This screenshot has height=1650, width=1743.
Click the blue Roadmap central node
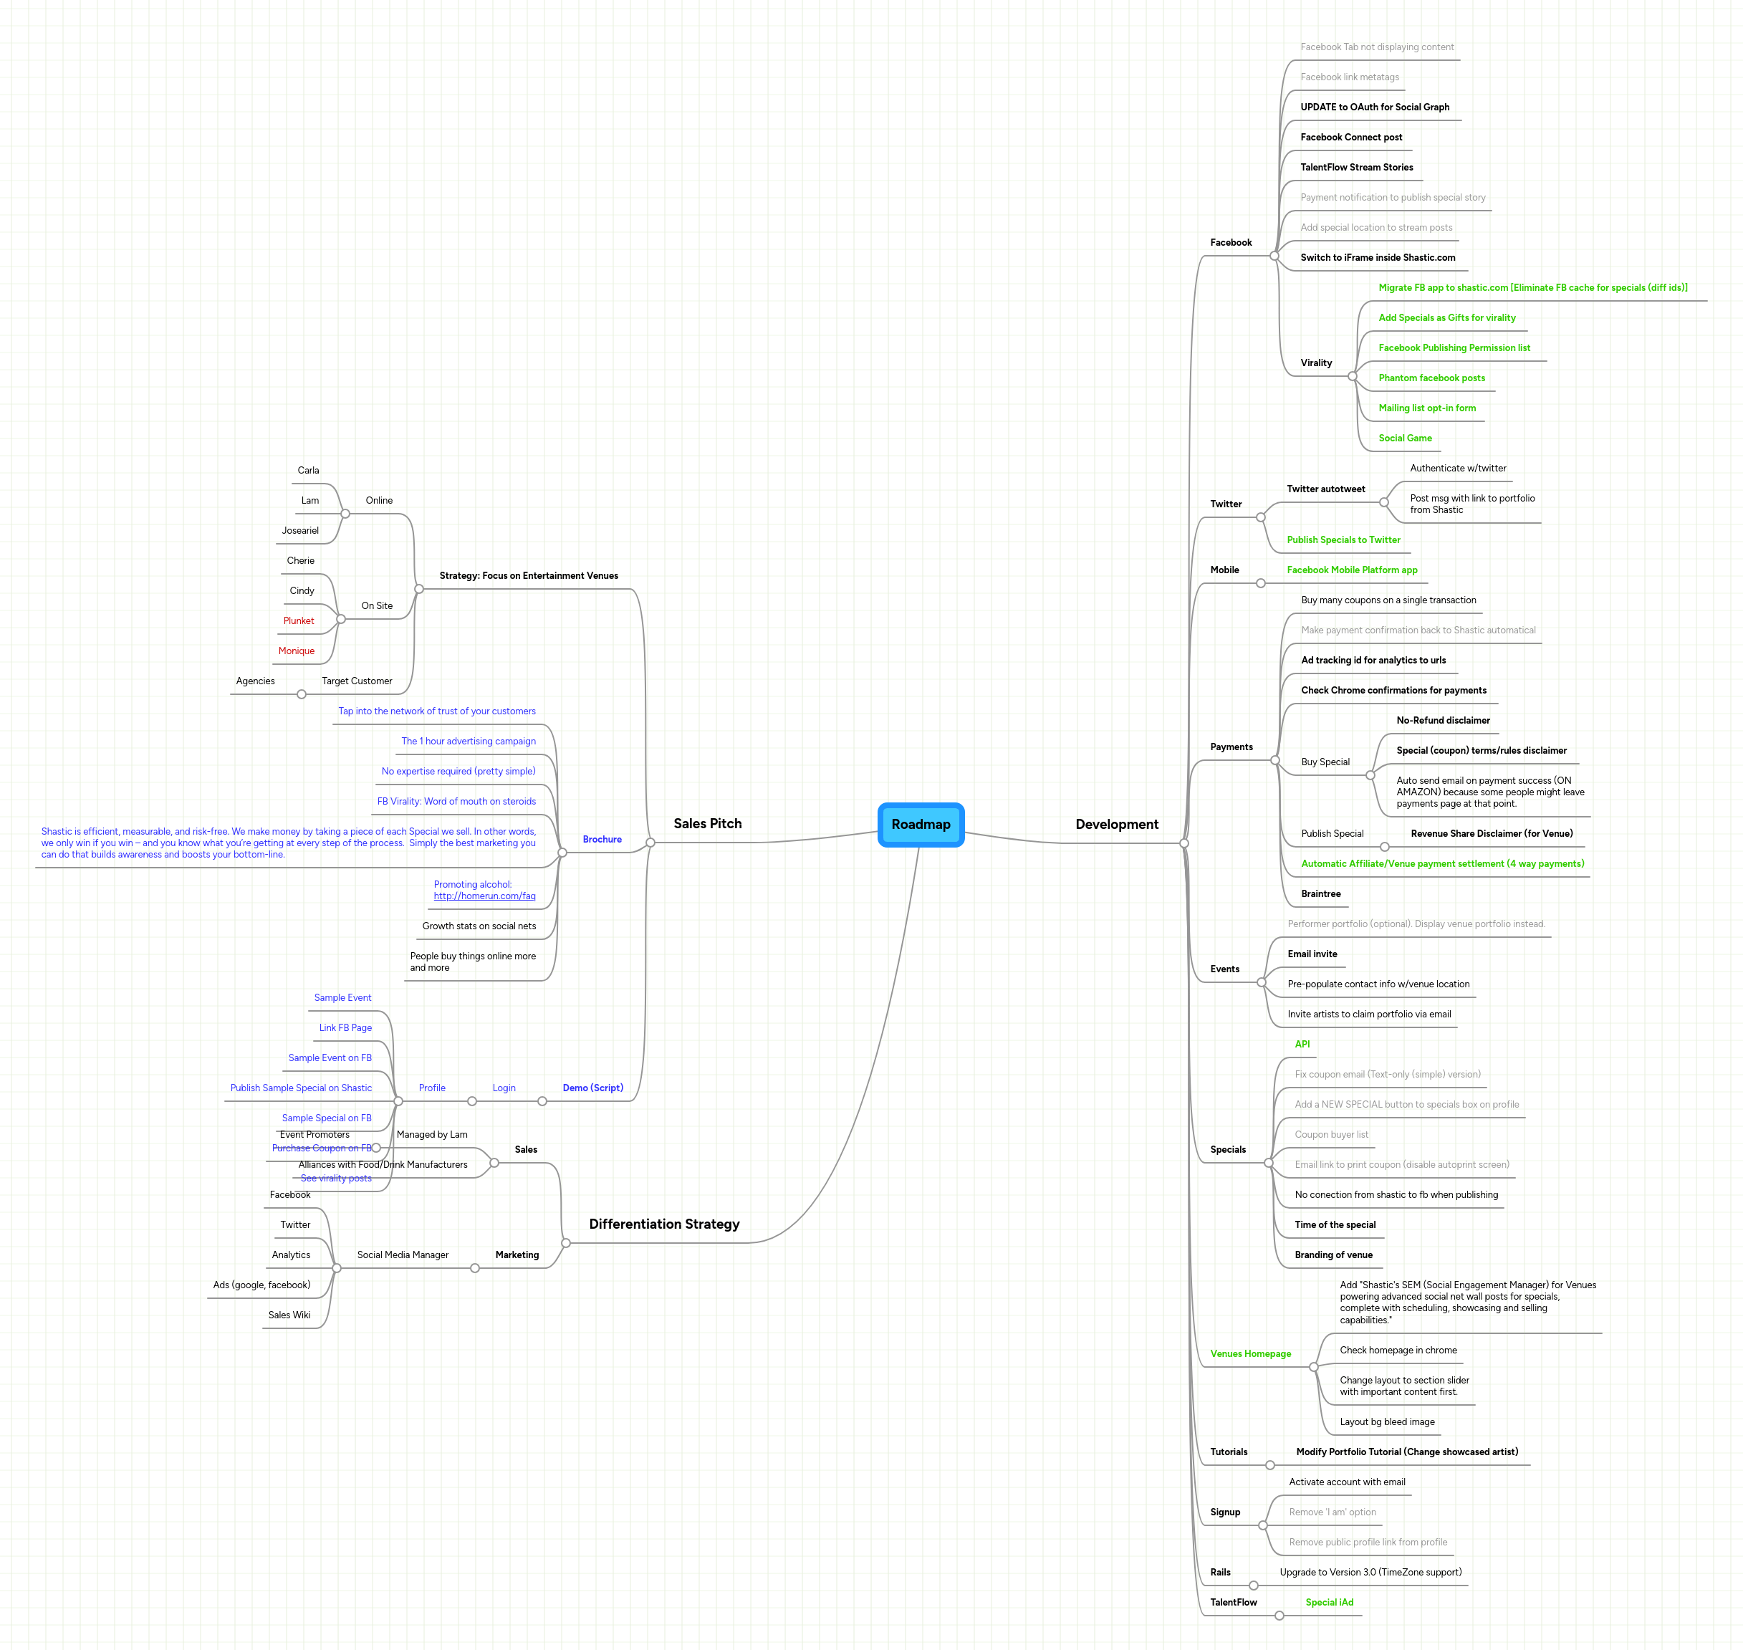(921, 824)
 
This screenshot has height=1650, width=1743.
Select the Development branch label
(1116, 824)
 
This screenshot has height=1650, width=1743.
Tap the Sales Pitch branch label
(707, 823)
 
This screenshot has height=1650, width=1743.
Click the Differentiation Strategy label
(664, 1224)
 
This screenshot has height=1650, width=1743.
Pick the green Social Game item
(1404, 438)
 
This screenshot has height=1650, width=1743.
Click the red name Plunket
(298, 621)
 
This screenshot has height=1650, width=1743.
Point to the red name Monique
(297, 651)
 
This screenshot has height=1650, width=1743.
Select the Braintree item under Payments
(1320, 893)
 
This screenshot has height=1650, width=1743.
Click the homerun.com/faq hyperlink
(484, 896)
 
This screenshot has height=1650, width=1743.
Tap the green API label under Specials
(1302, 1044)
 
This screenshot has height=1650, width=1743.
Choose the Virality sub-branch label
(1315, 363)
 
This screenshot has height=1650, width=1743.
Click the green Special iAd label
(1329, 1603)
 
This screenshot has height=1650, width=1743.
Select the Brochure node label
(602, 839)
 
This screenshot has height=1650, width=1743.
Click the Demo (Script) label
(592, 1088)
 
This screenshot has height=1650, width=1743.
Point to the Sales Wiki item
(289, 1315)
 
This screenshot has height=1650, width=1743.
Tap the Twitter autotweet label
(1325, 489)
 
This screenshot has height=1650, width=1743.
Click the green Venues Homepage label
(1249, 1353)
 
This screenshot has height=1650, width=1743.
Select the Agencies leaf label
(255, 681)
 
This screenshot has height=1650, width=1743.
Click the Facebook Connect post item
(1351, 138)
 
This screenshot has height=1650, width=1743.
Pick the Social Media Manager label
(402, 1255)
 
